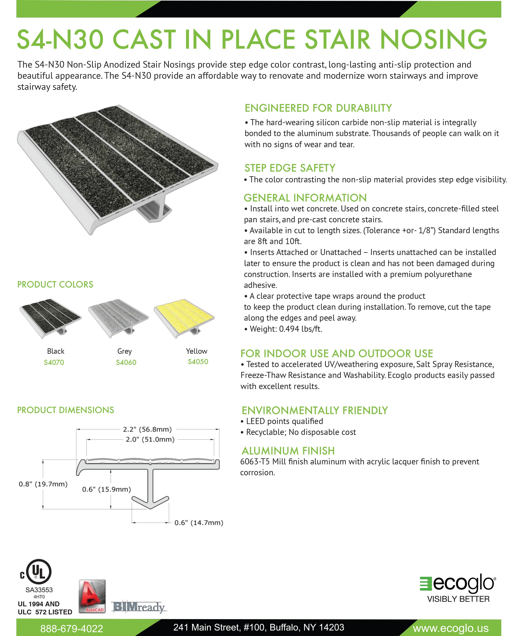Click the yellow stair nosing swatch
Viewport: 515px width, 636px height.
tap(184, 317)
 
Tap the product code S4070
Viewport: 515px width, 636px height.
tap(54, 362)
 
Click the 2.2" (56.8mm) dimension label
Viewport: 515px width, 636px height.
tap(147, 429)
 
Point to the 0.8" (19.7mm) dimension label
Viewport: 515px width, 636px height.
tap(43, 484)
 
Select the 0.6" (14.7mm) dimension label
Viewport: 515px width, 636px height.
tap(199, 523)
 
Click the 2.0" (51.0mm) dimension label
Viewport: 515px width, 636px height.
tap(150, 439)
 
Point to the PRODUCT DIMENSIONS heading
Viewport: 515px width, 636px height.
tap(66, 410)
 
